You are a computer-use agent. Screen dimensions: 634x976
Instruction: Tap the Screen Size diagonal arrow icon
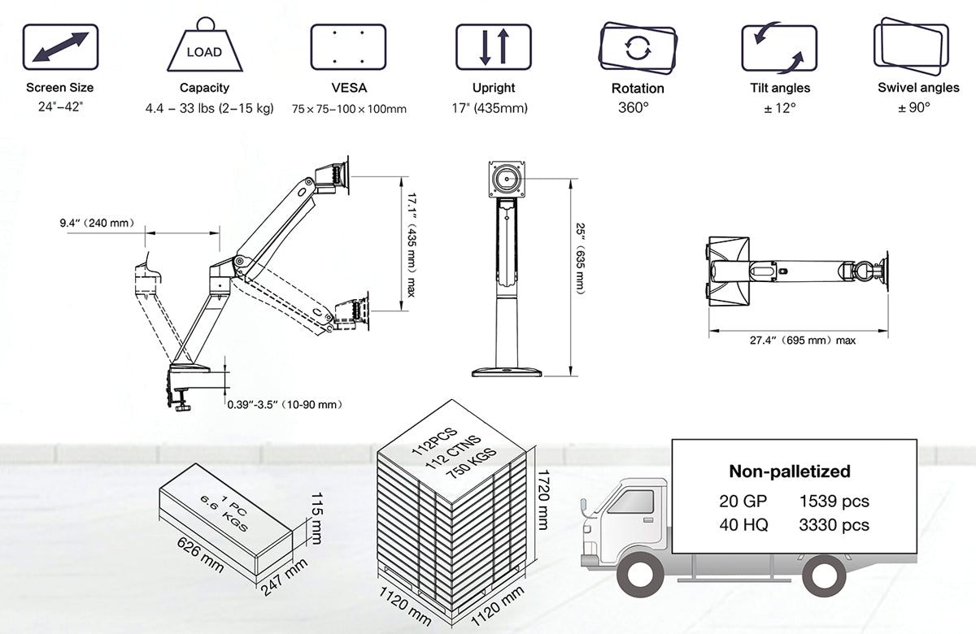tap(60, 46)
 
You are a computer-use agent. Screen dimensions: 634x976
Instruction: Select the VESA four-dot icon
tap(348, 46)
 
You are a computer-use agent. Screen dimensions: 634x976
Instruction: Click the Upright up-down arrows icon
tap(493, 46)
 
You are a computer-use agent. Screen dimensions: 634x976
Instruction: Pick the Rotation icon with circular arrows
tap(638, 47)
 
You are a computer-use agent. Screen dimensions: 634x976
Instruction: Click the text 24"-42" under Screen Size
tap(60, 106)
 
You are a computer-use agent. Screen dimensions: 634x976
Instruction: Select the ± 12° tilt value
tap(780, 107)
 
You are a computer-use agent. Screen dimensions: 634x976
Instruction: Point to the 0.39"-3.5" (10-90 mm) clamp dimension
tap(283, 404)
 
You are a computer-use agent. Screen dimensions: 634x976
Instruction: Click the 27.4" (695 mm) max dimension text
tap(802, 341)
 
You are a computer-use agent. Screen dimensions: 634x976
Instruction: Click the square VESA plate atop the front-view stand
tap(508, 178)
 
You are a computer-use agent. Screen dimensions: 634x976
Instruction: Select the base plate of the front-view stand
tap(507, 371)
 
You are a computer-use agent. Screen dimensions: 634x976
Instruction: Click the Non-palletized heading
tap(789, 471)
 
